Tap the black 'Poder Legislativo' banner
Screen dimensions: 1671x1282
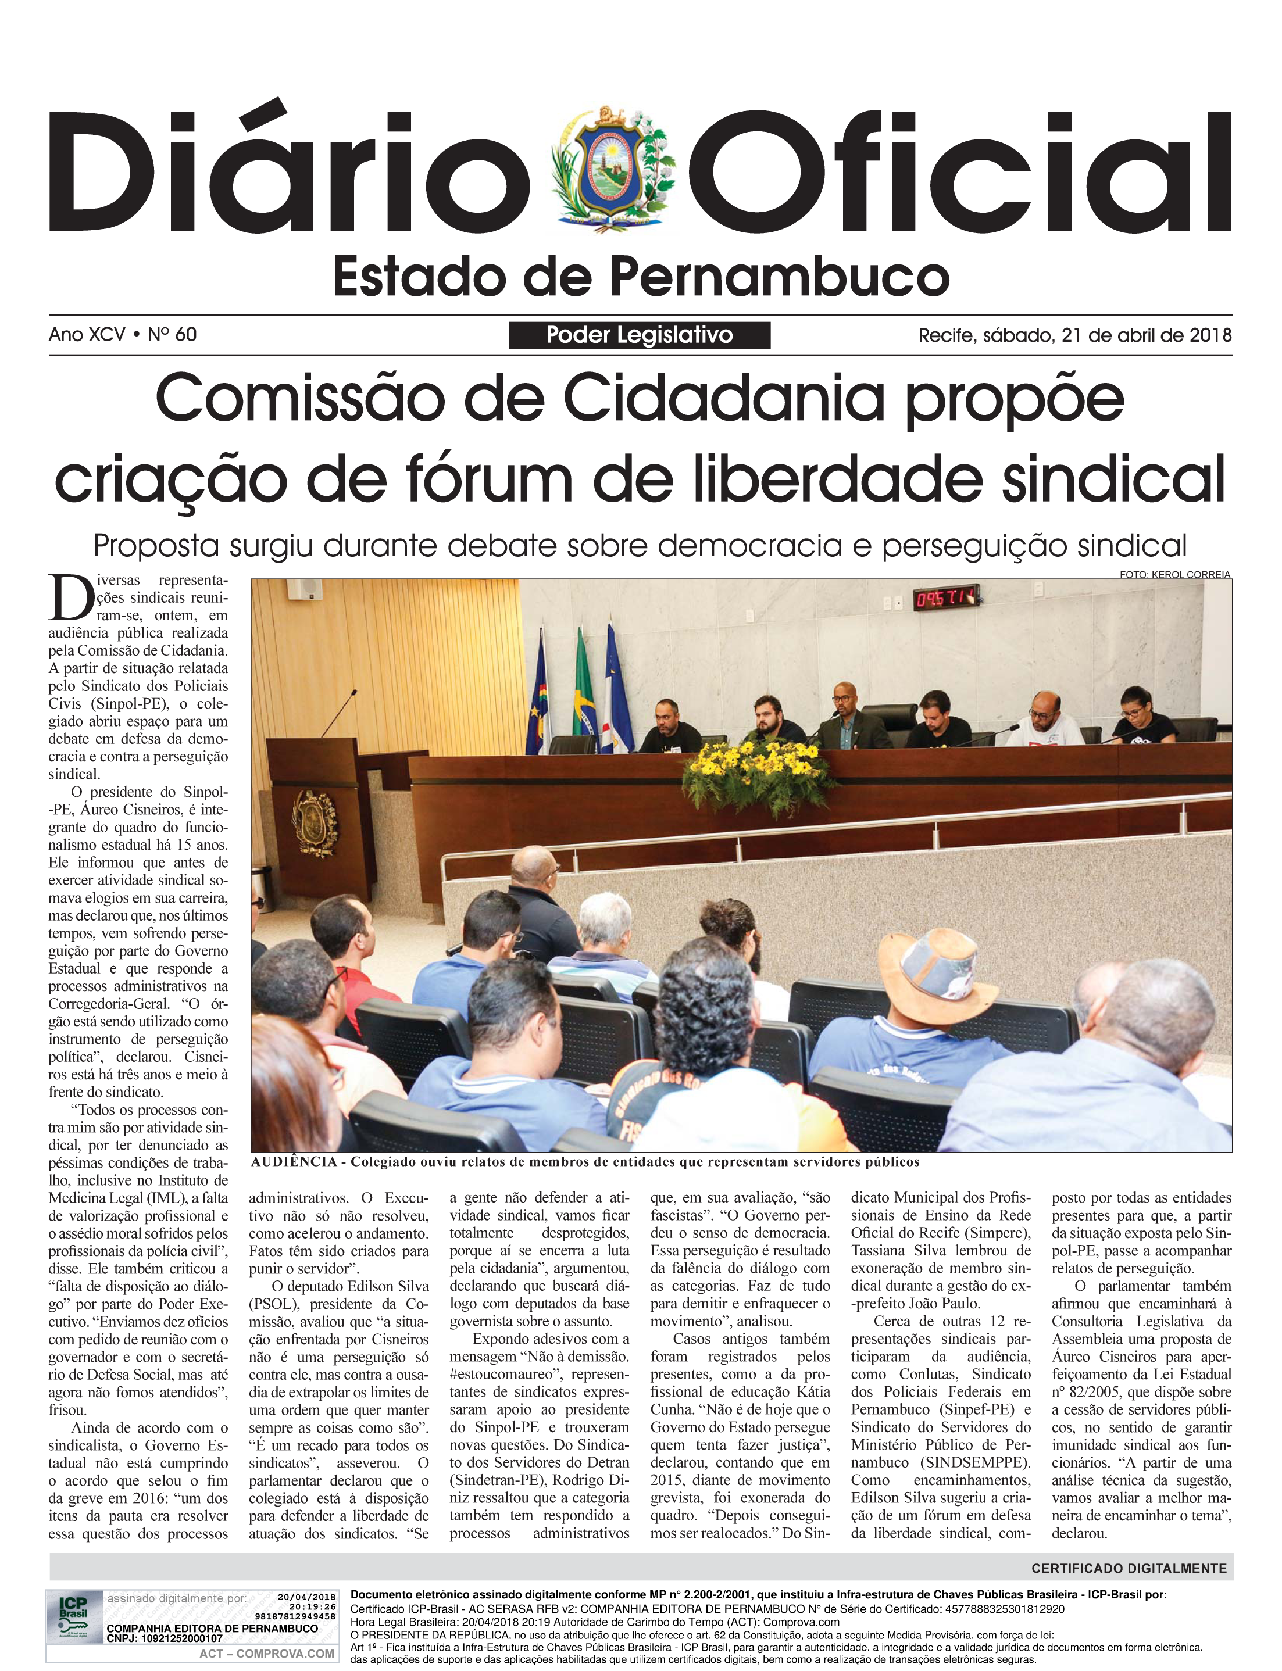(x=640, y=335)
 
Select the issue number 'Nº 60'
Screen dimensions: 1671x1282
(x=173, y=335)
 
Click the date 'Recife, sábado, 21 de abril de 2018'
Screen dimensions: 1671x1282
(x=1074, y=335)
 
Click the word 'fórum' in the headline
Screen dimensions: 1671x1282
(x=572, y=478)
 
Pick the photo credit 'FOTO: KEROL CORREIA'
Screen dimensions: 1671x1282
(x=1175, y=574)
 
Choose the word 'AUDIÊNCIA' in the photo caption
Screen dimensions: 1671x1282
(x=294, y=1161)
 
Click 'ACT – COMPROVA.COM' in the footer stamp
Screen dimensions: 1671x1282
(x=266, y=1654)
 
